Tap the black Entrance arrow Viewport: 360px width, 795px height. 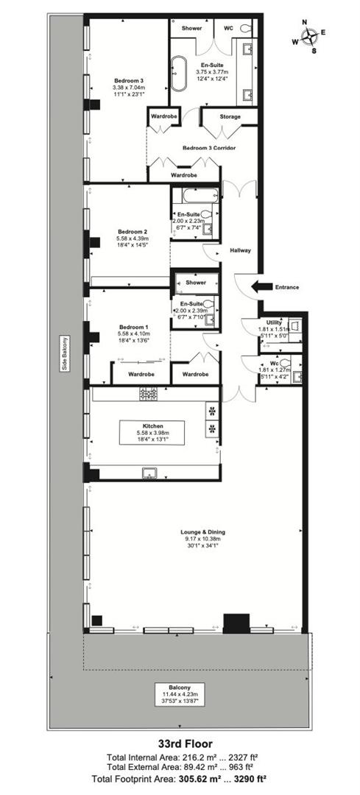[261, 286]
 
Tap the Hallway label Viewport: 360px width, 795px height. [241, 250]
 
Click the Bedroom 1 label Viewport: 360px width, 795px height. [133, 327]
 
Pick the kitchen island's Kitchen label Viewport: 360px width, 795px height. [153, 425]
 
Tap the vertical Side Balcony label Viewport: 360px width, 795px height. [65, 353]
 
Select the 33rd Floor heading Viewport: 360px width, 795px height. [180, 744]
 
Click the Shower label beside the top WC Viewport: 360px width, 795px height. [191, 27]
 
